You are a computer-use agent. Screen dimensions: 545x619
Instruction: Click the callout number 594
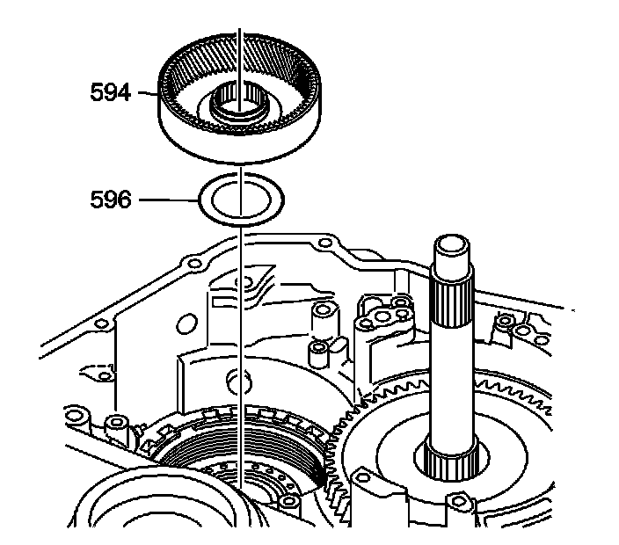pos(111,92)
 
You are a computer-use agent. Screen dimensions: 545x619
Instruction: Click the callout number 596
pos(111,201)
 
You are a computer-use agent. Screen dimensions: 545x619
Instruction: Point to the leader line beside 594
pos(145,92)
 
